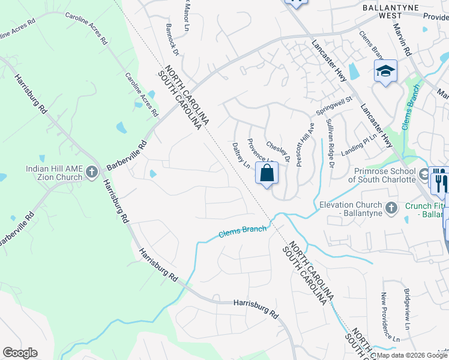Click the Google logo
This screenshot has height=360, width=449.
click(x=20, y=353)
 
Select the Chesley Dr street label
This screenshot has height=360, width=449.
click(x=279, y=152)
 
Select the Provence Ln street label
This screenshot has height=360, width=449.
click(x=259, y=150)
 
